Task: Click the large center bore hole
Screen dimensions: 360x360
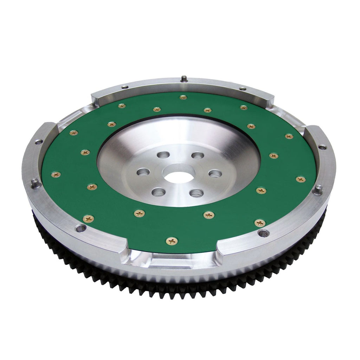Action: [x=179, y=176]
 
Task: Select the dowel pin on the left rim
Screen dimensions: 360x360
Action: [x=35, y=183]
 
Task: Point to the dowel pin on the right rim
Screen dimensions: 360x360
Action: [x=318, y=189]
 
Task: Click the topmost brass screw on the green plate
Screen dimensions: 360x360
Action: [x=183, y=97]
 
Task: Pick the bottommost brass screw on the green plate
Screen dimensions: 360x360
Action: [x=172, y=241]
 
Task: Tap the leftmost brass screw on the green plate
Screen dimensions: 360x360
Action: [x=56, y=174]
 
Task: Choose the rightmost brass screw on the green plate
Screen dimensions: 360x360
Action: [x=301, y=179]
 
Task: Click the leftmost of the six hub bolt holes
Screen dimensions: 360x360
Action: [x=143, y=172]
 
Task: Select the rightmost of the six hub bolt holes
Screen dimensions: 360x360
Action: [x=215, y=173]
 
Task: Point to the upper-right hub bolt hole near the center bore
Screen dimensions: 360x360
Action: [x=198, y=155]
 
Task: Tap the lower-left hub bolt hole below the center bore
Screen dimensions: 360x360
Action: [x=159, y=192]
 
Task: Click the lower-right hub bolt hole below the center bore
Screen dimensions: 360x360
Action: [x=196, y=193]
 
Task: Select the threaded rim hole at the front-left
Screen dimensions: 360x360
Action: [x=81, y=228]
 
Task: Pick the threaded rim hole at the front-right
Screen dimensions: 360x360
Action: [x=263, y=233]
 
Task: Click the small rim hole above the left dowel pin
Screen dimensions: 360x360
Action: [x=39, y=142]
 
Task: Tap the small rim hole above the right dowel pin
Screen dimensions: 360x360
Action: [x=322, y=147]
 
